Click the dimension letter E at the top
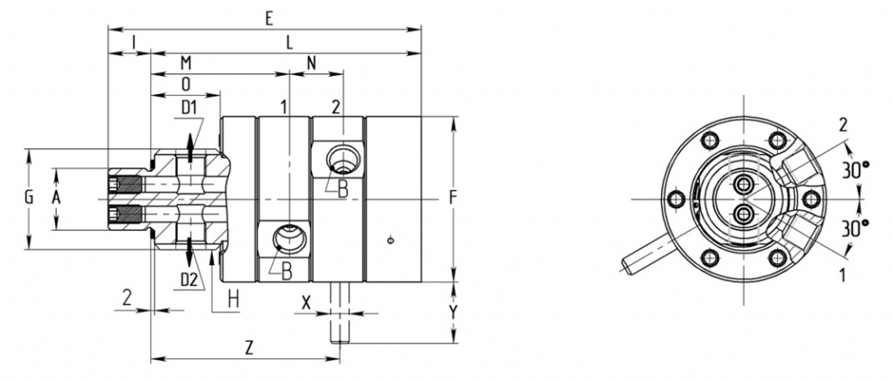point(269,18)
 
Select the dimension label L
point(290,43)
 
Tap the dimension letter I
point(133,43)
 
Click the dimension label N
point(311,64)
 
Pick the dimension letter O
point(187,85)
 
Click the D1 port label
point(189,106)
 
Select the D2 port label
point(189,279)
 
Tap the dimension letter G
point(29,198)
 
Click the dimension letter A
point(56,198)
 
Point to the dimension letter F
point(453,198)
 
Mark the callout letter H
point(233,299)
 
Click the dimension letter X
point(306,302)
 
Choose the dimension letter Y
point(453,312)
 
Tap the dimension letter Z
point(249,348)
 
